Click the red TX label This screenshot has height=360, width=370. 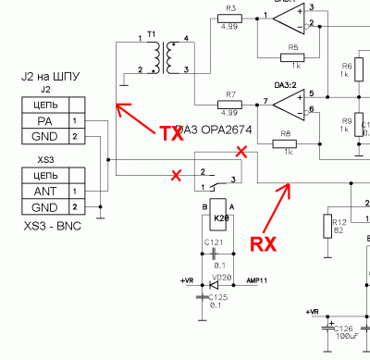(x=169, y=133)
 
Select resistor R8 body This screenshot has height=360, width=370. (x=288, y=144)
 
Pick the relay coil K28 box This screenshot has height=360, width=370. (x=220, y=218)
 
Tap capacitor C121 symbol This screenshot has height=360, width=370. (x=216, y=252)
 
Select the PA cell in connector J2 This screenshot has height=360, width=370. (x=45, y=121)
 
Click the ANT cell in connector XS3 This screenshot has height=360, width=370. (x=45, y=191)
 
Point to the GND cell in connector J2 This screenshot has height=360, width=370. (x=45, y=137)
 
